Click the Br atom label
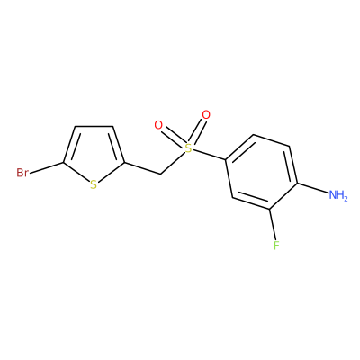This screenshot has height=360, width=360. [x=22, y=173]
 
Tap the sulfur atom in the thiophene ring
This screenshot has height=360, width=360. [x=94, y=184]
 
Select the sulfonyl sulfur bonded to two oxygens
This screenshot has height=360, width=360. [x=188, y=148]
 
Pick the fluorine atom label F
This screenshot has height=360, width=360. [x=276, y=246]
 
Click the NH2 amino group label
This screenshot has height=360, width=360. [x=338, y=195]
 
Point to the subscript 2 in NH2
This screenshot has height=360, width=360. [x=346, y=198]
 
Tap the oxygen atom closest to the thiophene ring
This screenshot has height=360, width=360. [x=158, y=125]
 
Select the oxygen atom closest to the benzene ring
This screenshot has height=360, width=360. [x=206, y=114]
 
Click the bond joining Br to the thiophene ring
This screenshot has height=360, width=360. [x=47, y=168]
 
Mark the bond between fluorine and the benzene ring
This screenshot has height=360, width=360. [x=273, y=224]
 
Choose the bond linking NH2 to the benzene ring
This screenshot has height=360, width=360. [x=312, y=188]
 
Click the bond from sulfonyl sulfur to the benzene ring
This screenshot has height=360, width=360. [x=210, y=154]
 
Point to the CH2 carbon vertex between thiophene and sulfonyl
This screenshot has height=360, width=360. [x=161, y=174]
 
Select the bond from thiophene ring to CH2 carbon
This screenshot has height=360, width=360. [x=142, y=168]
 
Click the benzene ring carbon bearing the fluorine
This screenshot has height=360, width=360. [x=270, y=209]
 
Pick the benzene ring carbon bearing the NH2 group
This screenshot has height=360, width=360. [x=297, y=183]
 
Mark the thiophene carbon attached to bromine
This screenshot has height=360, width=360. [x=64, y=163]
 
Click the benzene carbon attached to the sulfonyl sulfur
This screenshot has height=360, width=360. [x=227, y=159]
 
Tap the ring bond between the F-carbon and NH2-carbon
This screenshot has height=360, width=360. [x=283, y=195]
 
